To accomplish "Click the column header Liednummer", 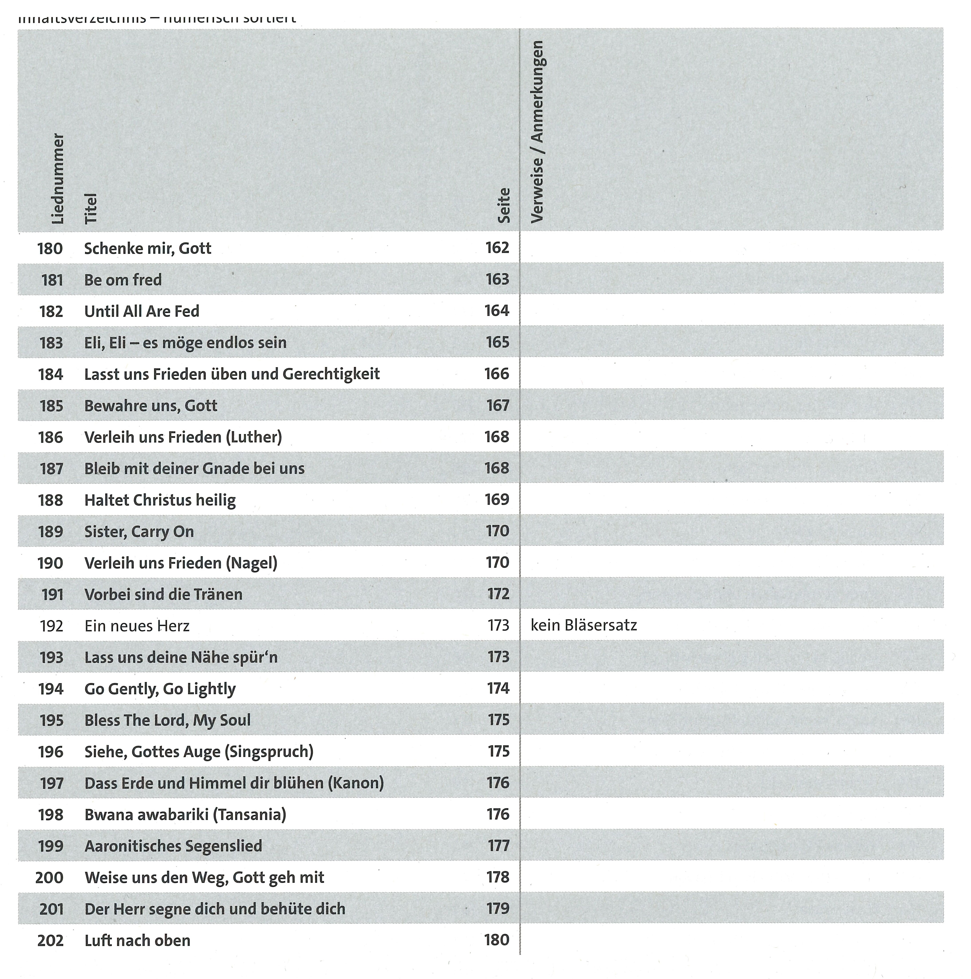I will pos(58,178).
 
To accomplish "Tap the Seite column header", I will pos(503,205).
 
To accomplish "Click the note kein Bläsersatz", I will pos(583,625).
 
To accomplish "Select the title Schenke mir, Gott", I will pos(147,248).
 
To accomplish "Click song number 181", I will pos(52,280).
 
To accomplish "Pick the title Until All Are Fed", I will pos(142,311).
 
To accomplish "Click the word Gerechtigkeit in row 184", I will pos(331,374).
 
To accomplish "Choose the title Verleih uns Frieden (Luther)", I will pos(183,437).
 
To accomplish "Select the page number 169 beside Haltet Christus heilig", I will pos(497,500).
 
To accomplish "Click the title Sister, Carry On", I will pos(139,532).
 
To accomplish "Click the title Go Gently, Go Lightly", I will pos(160,689).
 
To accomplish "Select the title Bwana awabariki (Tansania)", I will pos(185,814).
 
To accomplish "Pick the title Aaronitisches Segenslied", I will pos(173,846).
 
